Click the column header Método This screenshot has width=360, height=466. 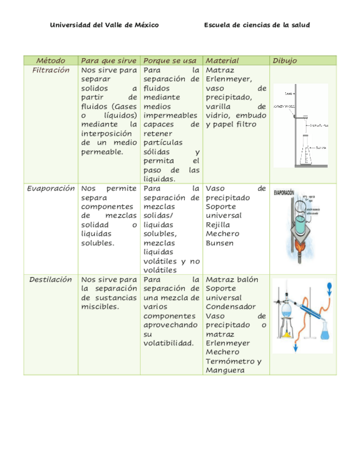(x=51, y=60)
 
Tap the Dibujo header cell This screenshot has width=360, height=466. (x=285, y=60)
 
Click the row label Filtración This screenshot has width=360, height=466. (x=51, y=70)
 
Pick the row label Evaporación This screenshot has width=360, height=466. (x=51, y=188)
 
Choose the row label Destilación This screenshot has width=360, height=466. (x=51, y=280)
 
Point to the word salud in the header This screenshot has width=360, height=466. (x=300, y=25)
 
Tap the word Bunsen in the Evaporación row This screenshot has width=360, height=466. (x=219, y=243)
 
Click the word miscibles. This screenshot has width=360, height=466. (x=100, y=307)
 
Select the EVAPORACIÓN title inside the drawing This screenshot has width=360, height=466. (x=284, y=193)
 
